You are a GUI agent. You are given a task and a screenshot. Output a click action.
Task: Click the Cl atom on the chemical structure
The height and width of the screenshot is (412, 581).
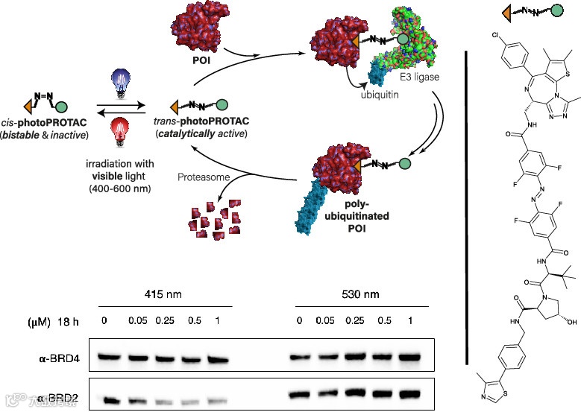(496, 35)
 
